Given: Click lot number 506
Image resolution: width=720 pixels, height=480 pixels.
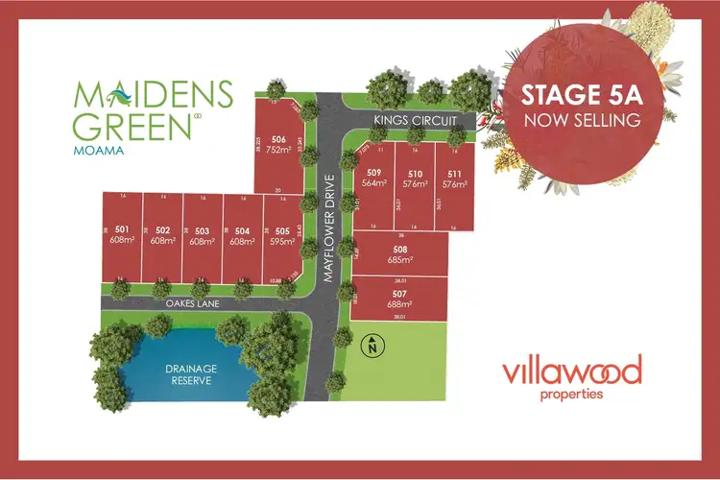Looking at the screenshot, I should tap(278, 137).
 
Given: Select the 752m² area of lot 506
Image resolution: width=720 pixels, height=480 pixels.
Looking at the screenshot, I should tap(278, 150).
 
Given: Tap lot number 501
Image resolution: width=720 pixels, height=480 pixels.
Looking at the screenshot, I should tap(122, 230).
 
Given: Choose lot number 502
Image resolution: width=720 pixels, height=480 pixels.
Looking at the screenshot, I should tap(162, 230).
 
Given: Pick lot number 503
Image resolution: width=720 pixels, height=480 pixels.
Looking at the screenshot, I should tap(202, 230).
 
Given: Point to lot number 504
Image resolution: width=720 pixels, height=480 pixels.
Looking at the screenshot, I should tap(242, 230).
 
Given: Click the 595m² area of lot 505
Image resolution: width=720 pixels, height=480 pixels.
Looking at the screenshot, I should tap(282, 243).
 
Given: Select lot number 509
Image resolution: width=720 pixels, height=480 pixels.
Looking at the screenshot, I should tap(374, 174).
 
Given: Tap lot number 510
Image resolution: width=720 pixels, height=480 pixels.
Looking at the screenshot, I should tap(415, 174).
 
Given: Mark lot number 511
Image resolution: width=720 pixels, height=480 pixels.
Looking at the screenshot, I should tap(454, 174).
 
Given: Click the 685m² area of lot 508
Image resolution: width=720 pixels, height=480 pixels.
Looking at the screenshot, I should tap(400, 259).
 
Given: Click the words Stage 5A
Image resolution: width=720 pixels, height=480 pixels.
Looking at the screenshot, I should tap(580, 97).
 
